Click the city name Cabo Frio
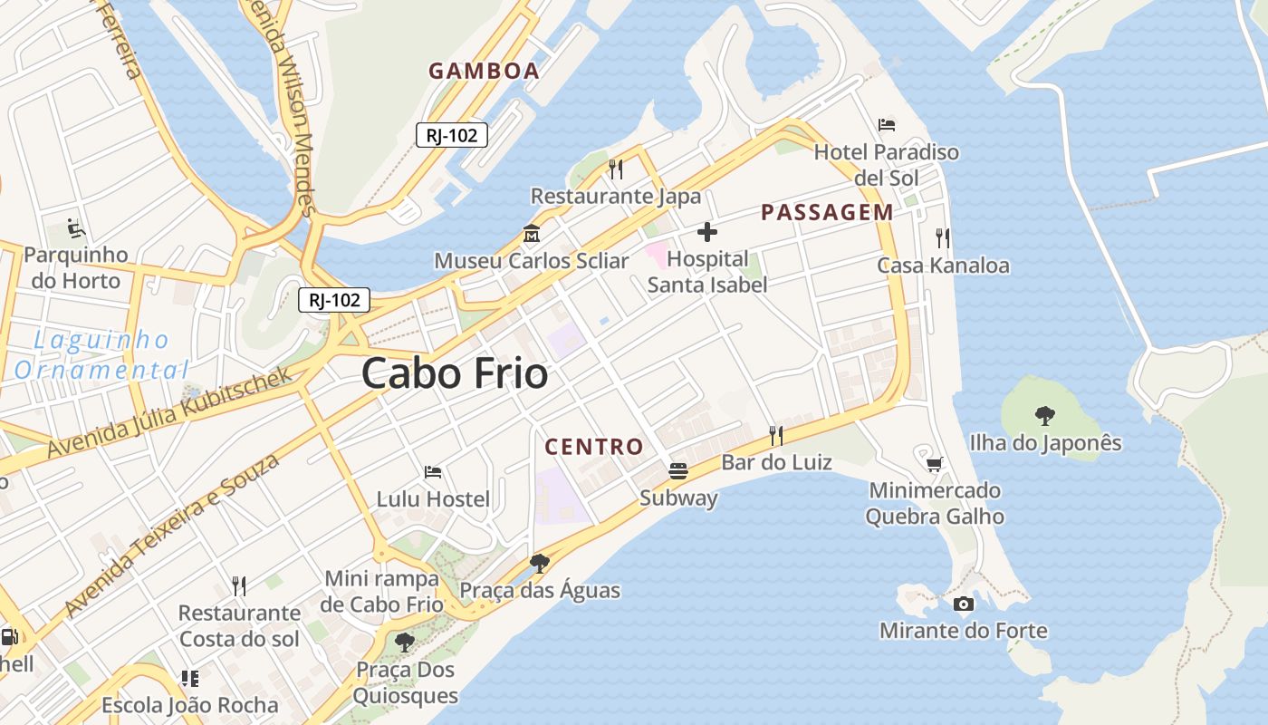(455, 373)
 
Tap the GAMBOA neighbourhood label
(484, 71)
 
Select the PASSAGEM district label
(827, 212)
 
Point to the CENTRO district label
(594, 446)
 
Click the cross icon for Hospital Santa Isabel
(707, 232)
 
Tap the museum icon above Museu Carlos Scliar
(532, 234)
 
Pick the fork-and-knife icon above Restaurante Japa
(616, 169)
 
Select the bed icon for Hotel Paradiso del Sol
(887, 125)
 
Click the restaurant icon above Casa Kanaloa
(943, 238)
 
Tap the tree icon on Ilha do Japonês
(1045, 416)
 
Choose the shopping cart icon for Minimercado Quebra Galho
(935, 464)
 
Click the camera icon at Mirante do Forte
(964, 604)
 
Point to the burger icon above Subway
(678, 470)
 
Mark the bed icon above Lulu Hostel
(433, 472)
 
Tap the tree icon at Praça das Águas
(540, 564)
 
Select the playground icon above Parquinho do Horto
(76, 227)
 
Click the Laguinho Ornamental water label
(101, 355)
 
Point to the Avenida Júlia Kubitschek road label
(171, 412)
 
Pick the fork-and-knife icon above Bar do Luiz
(776, 436)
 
